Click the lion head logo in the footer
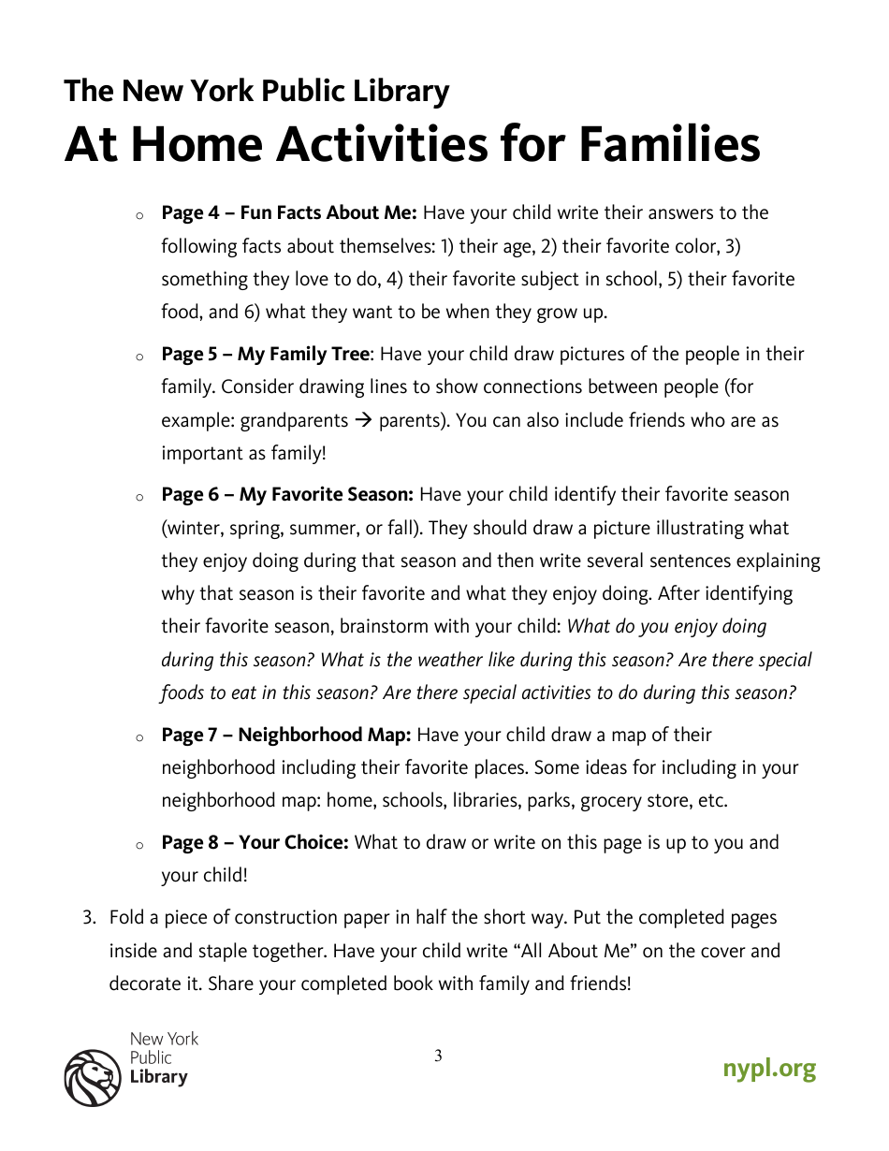[x=92, y=1077]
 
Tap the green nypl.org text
[x=768, y=1069]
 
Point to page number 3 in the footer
[x=438, y=1056]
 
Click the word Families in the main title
[x=668, y=145]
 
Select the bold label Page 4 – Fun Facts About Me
[x=289, y=213]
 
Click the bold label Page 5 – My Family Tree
[x=267, y=355]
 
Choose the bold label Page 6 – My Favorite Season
[x=287, y=495]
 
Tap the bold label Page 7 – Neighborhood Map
[x=286, y=736]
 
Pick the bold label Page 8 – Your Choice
[x=255, y=843]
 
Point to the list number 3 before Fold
[x=89, y=918]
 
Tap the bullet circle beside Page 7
[x=138, y=738]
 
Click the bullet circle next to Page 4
[x=138, y=216]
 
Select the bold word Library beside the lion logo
[x=158, y=1077]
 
